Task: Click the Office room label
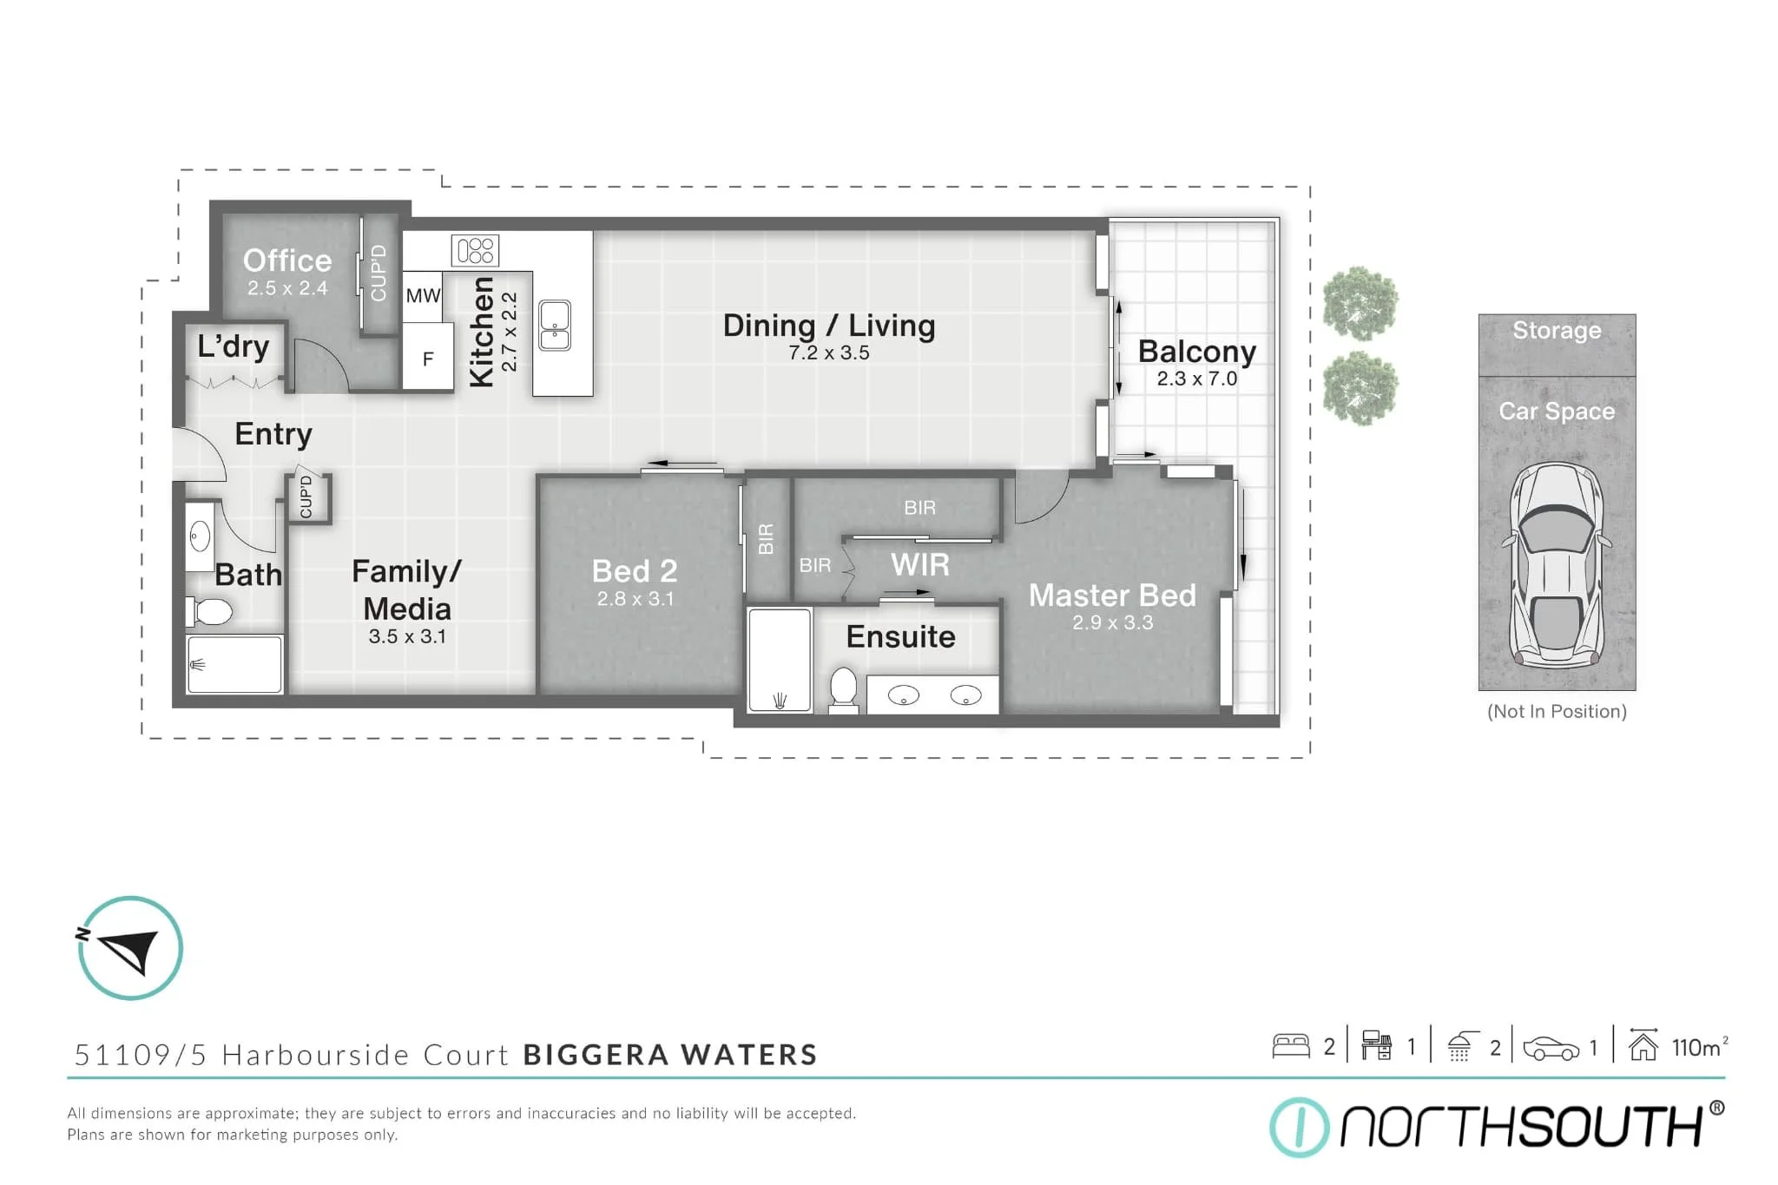[286, 260]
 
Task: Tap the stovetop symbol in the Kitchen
[475, 251]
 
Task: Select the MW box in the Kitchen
[423, 296]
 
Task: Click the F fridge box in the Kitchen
[427, 359]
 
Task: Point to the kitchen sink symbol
[555, 326]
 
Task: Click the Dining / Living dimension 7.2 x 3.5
[828, 353]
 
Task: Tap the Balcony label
[1196, 352]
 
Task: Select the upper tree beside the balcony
[1360, 304]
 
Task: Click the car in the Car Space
[1557, 564]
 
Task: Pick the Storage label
[1557, 331]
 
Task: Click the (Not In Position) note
[1557, 712]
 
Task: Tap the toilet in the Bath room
[211, 612]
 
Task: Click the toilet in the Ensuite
[843, 688]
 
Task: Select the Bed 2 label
[634, 571]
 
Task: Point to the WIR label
[919, 565]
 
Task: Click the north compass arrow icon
[130, 948]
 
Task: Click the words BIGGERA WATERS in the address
[670, 1055]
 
